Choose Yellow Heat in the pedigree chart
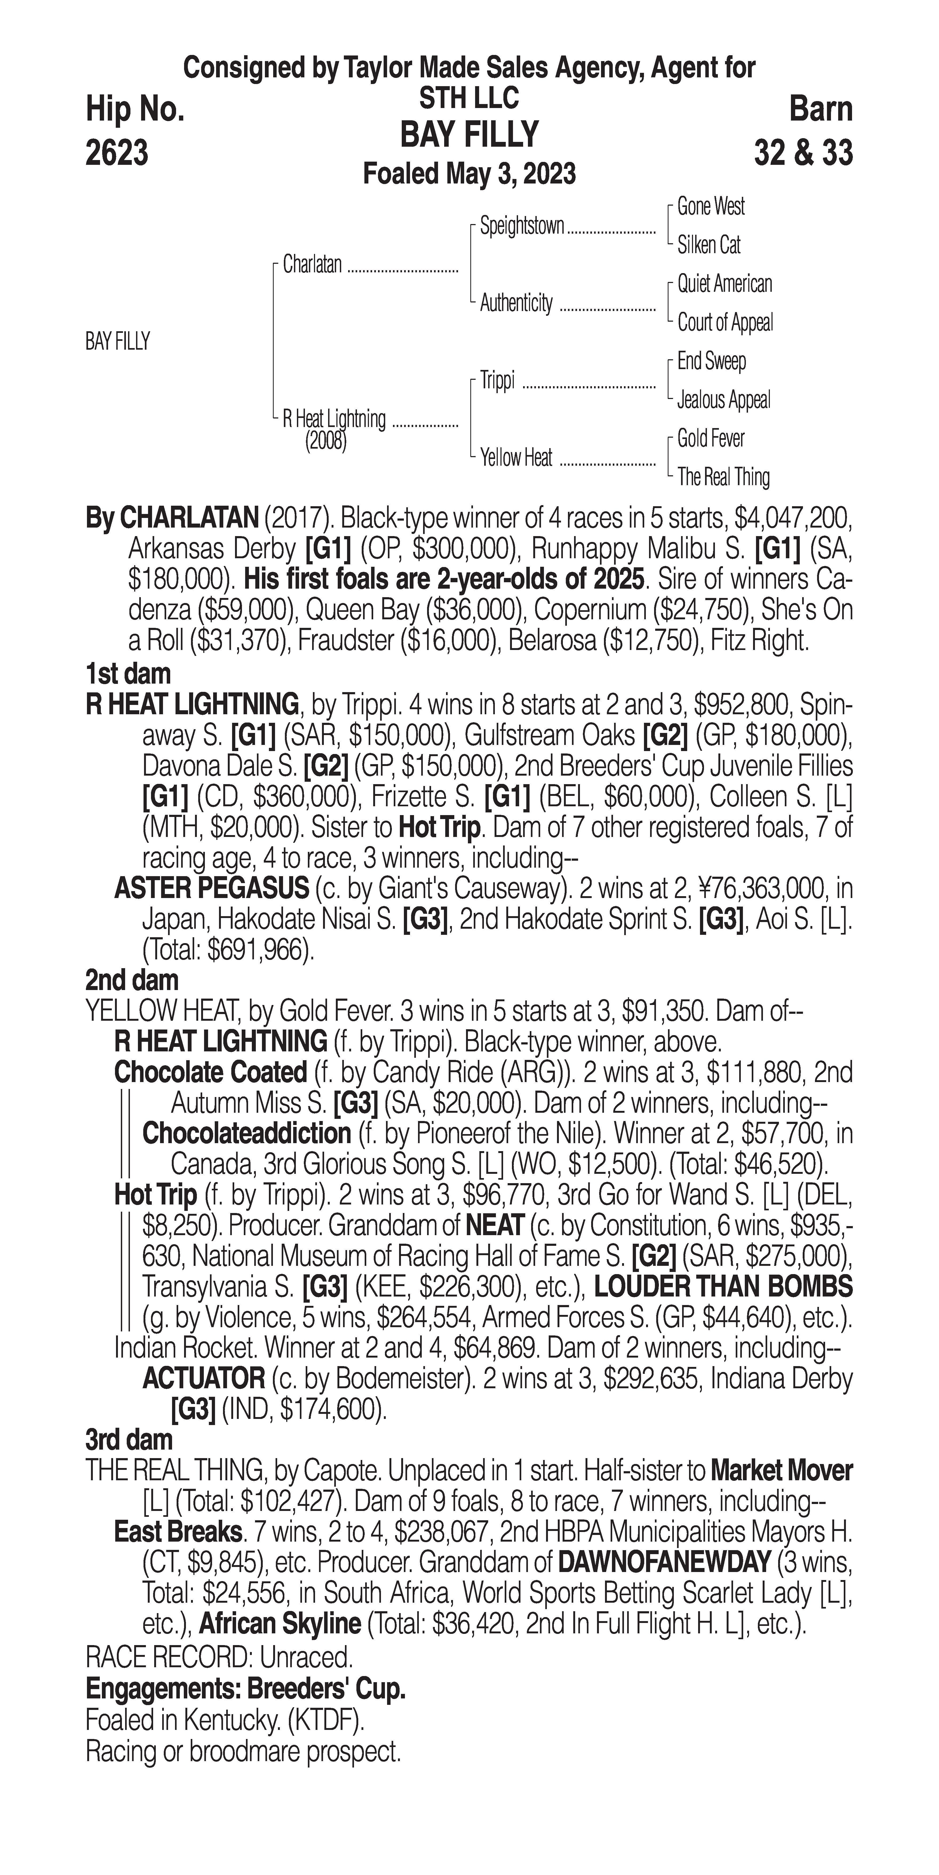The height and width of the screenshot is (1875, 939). [x=516, y=458]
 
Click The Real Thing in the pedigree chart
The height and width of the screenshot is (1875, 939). [x=723, y=477]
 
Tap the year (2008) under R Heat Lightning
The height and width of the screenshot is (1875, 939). [x=325, y=441]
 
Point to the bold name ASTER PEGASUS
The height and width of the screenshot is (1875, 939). [x=211, y=889]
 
